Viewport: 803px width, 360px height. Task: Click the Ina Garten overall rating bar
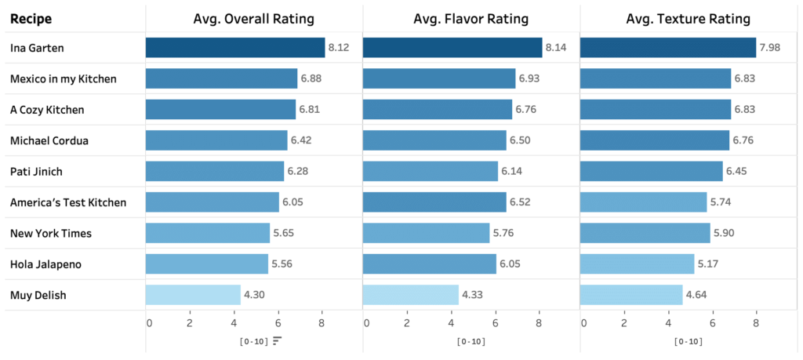point(234,48)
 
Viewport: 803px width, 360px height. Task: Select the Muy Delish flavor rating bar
point(410,295)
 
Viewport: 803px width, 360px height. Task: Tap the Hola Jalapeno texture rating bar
point(637,264)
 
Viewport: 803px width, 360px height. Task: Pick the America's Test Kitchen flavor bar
point(434,202)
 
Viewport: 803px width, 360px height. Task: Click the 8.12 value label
point(339,48)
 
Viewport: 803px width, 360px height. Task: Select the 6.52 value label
point(521,202)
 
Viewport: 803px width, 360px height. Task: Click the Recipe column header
point(31,18)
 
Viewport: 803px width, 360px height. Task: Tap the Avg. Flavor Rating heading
point(471,18)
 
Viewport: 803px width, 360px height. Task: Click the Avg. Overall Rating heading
point(254,18)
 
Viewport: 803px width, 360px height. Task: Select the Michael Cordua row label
point(49,140)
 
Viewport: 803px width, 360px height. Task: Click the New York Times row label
point(50,234)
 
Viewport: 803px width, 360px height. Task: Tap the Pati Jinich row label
point(37,172)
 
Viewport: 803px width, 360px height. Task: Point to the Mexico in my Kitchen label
point(63,79)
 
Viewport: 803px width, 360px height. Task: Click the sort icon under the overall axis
point(277,340)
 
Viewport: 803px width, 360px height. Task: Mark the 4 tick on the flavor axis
point(451,322)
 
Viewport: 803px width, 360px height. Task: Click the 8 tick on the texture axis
point(756,322)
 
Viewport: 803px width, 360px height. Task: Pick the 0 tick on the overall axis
point(149,322)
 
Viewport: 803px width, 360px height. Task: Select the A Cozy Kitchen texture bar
point(655,110)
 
